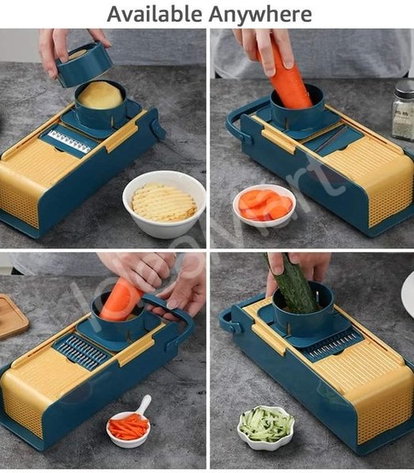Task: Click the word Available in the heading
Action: [153, 13]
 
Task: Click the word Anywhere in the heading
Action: [259, 13]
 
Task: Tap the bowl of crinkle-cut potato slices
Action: [164, 203]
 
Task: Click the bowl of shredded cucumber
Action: [266, 426]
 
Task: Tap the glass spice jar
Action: [403, 110]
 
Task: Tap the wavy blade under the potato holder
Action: [69, 142]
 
